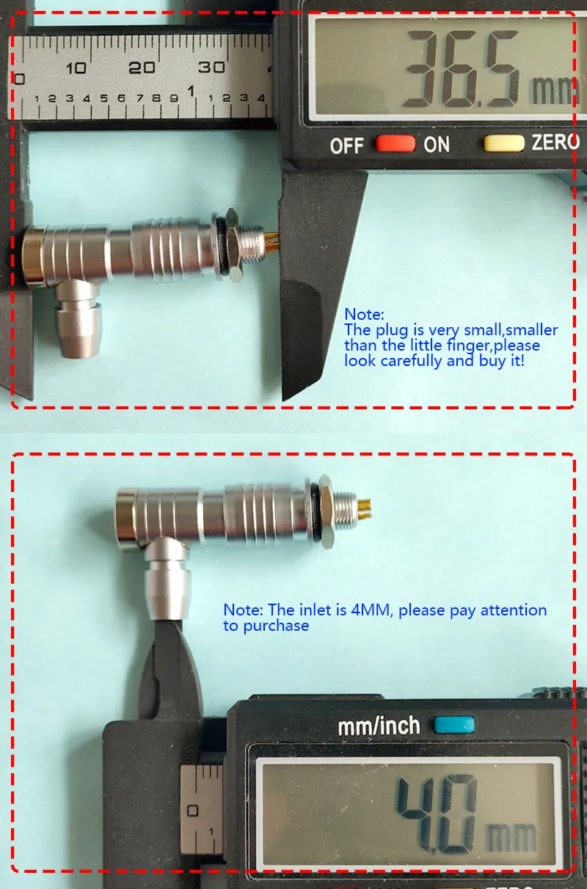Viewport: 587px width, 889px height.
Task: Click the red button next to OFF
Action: coord(395,144)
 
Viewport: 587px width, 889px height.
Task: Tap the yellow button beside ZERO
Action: coord(504,143)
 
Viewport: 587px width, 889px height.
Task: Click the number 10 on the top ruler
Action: coord(76,68)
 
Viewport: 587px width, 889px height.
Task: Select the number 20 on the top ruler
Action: coord(142,68)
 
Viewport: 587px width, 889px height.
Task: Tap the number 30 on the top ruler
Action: coord(211,67)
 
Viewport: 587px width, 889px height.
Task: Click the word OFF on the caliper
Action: coord(346,146)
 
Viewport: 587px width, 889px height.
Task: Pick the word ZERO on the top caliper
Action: coord(555,142)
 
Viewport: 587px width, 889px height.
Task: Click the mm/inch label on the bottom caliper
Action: coord(379,726)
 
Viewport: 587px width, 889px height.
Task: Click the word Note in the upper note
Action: coord(363,315)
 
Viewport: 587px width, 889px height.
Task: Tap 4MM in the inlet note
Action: coord(372,610)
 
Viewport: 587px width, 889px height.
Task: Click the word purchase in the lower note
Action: coord(276,626)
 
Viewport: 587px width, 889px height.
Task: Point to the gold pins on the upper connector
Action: coord(272,243)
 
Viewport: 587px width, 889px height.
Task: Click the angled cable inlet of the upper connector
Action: coord(79,318)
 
